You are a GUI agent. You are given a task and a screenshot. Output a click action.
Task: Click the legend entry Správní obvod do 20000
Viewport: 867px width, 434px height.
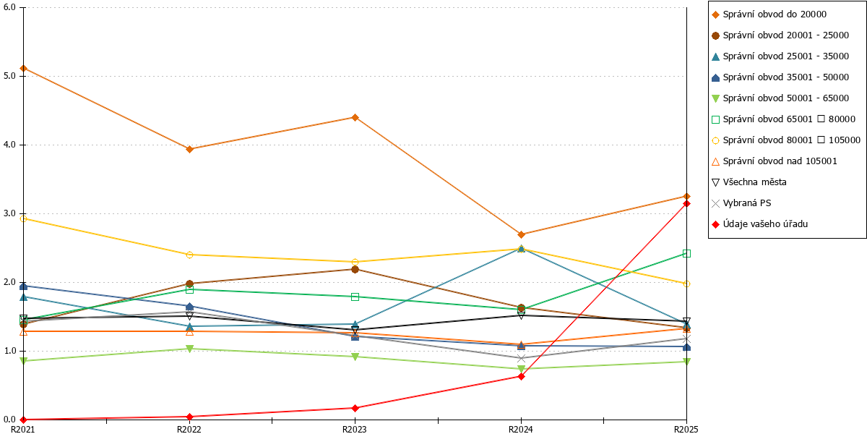pos(769,14)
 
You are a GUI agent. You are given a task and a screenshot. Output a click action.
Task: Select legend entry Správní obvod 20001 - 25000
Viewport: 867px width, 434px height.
pos(780,35)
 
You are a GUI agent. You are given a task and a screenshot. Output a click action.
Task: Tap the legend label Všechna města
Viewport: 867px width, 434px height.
pos(749,182)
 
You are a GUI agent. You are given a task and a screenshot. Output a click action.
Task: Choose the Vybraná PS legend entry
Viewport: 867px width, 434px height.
pos(741,203)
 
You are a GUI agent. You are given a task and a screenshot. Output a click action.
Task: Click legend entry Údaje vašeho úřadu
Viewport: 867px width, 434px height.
pos(760,224)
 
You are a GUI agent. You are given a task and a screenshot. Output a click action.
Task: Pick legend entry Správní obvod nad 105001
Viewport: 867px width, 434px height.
pos(775,161)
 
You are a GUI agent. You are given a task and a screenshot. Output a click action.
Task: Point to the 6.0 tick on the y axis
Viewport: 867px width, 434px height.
pos(9,7)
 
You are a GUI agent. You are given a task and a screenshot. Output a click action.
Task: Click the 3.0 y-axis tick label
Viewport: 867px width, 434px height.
pos(9,213)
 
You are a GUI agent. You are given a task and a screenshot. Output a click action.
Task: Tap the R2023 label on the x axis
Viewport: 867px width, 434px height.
pos(355,429)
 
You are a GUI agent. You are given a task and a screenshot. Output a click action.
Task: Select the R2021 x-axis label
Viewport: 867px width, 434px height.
pos(23,429)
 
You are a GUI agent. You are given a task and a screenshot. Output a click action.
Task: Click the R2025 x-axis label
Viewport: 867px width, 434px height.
pos(686,429)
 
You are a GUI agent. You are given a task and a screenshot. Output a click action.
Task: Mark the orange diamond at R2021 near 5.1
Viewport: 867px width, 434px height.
pos(24,69)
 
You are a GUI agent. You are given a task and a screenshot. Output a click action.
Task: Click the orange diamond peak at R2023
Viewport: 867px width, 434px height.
pos(355,117)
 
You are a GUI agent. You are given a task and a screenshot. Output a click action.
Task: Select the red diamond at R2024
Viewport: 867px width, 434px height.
pos(521,376)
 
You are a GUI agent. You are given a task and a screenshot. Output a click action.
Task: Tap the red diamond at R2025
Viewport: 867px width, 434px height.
pos(686,203)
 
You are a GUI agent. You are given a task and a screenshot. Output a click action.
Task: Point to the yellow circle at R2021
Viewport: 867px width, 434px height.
pos(24,219)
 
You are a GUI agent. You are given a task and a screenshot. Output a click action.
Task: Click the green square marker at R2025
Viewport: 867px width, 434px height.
pos(686,253)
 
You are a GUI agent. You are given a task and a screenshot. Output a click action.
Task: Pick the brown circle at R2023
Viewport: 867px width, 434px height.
pos(355,269)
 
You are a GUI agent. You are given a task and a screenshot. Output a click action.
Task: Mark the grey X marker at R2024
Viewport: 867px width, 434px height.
pos(521,359)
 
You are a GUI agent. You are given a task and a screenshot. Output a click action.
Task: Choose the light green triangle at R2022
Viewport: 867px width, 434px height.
pos(189,349)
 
